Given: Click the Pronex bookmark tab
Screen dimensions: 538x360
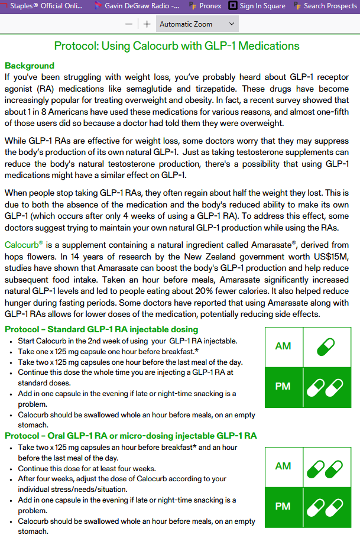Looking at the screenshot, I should pyautogui.click(x=206, y=6).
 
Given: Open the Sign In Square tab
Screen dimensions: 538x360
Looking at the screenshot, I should pyautogui.click(x=257, y=6).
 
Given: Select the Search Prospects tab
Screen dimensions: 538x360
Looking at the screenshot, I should pyautogui.click(x=326, y=6).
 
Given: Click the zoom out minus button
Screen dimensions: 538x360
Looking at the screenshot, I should pyautogui.click(x=129, y=24).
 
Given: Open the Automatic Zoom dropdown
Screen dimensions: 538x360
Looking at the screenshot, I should pyautogui.click(x=197, y=24).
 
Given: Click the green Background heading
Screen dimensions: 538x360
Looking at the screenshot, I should pyautogui.click(x=29, y=66).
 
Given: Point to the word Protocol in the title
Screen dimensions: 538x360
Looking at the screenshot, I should pyautogui.click(x=77, y=46).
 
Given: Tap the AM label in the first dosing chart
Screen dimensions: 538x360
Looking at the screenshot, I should pyautogui.click(x=283, y=346).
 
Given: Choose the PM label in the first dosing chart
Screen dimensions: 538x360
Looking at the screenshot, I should pyautogui.click(x=283, y=387).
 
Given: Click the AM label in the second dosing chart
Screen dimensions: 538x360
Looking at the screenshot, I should pyautogui.click(x=283, y=466).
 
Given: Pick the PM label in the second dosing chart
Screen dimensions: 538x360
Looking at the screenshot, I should pyautogui.click(x=283, y=507).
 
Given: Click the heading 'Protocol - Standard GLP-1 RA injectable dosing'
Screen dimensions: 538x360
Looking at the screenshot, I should pyautogui.click(x=102, y=329).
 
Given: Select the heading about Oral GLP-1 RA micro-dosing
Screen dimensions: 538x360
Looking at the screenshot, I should pyautogui.click(x=131, y=436).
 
